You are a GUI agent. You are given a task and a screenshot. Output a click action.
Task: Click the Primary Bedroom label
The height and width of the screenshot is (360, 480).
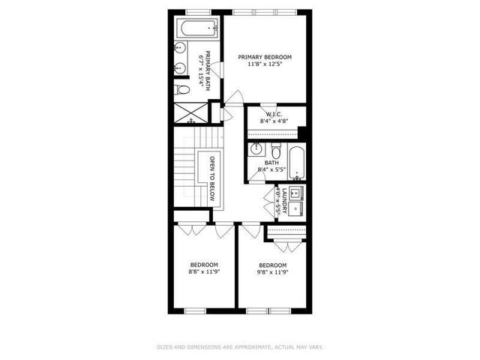click(x=265, y=57)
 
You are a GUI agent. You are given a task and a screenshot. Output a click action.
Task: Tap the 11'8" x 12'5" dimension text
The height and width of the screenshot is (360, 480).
click(x=265, y=65)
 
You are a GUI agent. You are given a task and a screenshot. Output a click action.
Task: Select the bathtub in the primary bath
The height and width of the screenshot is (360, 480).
click(x=196, y=30)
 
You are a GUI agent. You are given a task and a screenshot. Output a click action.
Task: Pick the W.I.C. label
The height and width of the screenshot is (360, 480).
click(x=274, y=115)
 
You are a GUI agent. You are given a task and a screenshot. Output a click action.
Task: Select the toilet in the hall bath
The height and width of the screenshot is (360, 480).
click(x=275, y=148)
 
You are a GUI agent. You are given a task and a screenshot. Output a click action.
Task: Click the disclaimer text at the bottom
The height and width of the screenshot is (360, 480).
click(x=239, y=346)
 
